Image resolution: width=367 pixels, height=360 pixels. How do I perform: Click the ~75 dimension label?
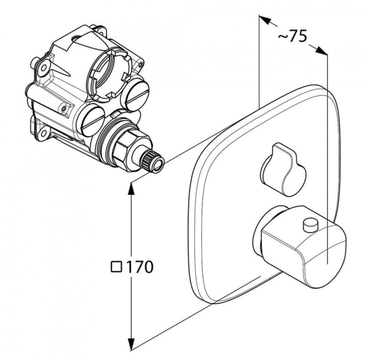click(292, 37)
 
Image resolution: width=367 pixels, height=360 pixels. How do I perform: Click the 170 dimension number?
click(140, 266)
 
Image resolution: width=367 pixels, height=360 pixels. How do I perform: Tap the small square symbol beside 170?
click(117, 267)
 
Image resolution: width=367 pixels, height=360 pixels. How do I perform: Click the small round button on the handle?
click(310, 224)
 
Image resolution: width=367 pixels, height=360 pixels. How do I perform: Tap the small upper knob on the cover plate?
click(283, 169)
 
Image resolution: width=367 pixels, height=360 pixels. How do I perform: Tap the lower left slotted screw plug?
click(93, 118)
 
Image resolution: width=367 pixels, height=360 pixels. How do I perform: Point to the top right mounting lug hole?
click(101, 31)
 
